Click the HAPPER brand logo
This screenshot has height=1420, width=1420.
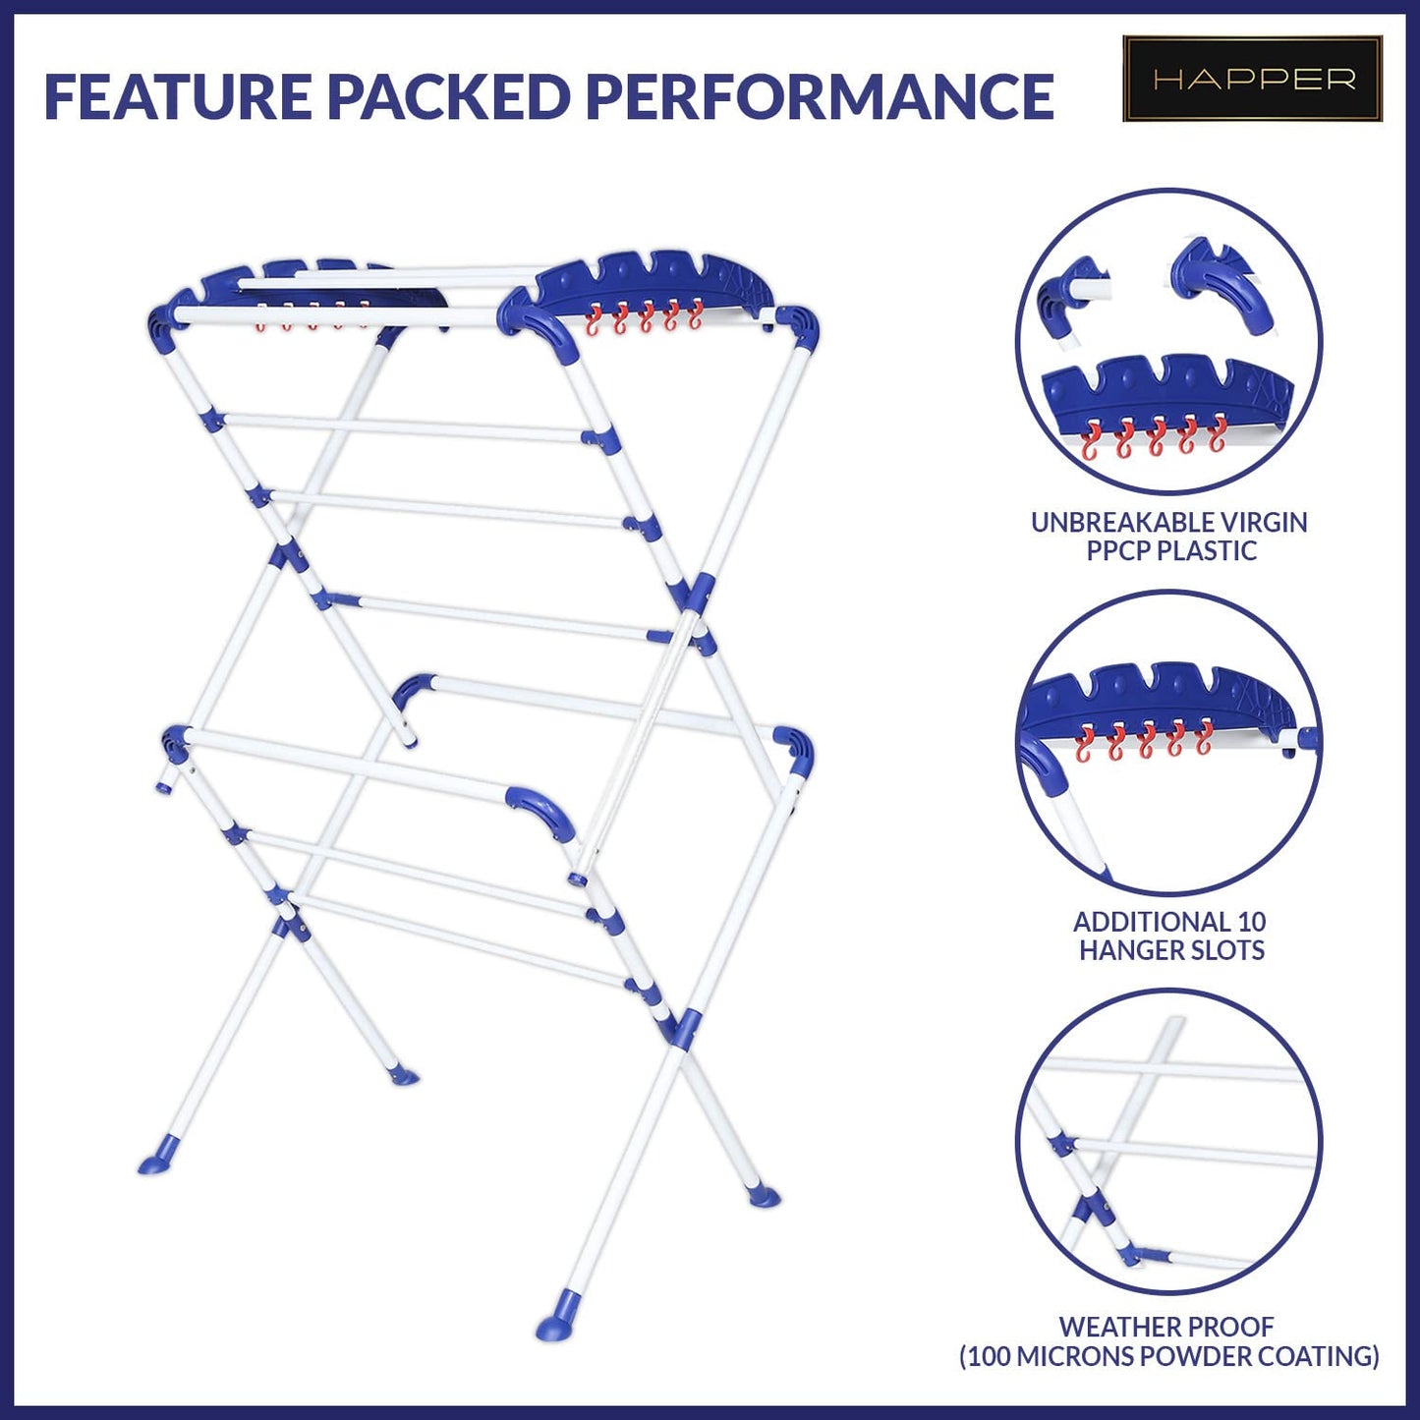coord(1252,79)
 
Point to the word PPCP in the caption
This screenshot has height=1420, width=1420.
coord(1117,551)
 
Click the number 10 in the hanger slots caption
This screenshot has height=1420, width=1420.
coord(1252,923)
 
